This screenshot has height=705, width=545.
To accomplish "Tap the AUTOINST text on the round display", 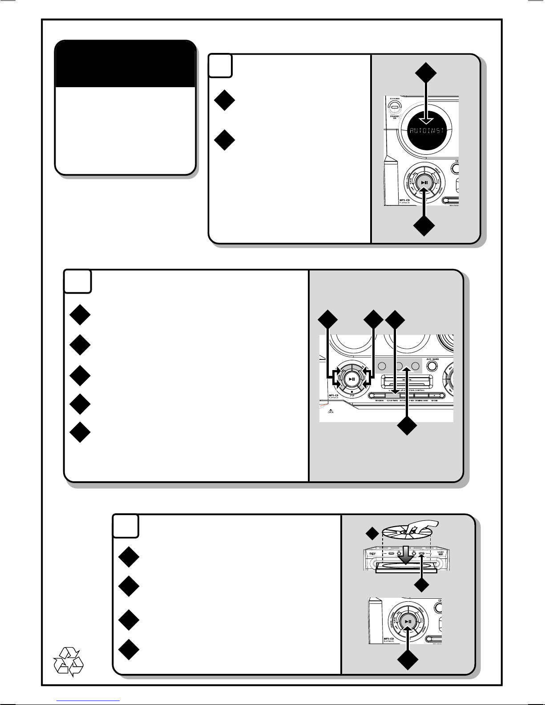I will tap(425, 132).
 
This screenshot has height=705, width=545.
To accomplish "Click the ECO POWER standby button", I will tap(393, 107).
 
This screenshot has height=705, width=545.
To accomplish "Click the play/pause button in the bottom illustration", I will tap(408, 621).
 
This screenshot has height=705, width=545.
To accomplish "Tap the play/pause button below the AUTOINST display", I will tap(424, 182).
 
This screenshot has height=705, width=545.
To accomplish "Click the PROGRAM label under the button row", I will tap(379, 401).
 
